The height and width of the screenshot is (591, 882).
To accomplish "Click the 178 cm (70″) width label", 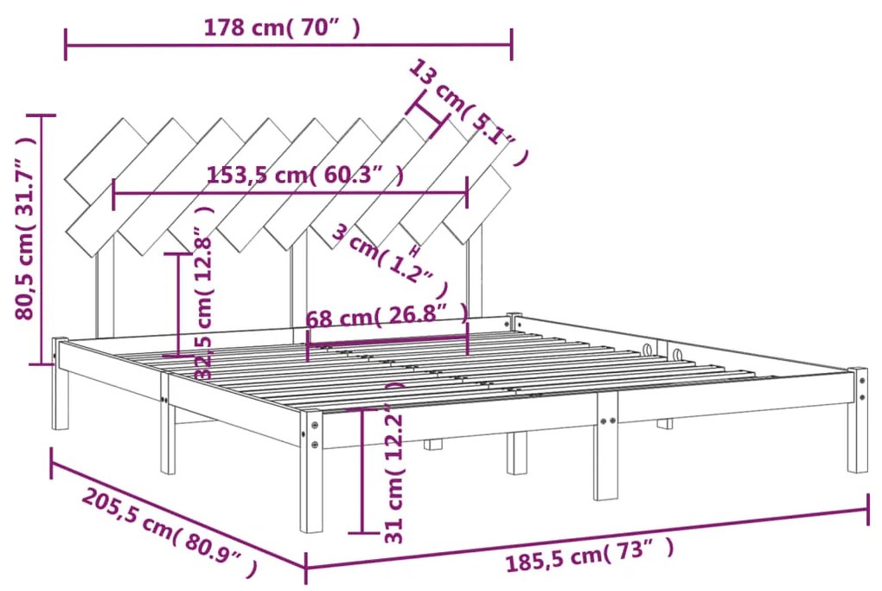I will [x=282, y=28].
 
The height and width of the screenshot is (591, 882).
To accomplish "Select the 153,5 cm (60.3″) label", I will [x=305, y=176].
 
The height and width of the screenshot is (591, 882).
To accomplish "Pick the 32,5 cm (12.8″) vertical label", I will [x=204, y=303].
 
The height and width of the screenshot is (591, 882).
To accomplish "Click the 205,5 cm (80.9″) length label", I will [x=170, y=535].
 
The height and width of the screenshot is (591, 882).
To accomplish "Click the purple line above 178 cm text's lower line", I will [x=288, y=44].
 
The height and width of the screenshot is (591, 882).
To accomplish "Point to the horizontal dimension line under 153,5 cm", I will [x=291, y=194].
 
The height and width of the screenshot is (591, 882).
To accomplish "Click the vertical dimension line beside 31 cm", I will [x=361, y=471].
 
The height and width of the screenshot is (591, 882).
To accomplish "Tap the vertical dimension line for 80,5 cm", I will [x=40, y=238].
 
